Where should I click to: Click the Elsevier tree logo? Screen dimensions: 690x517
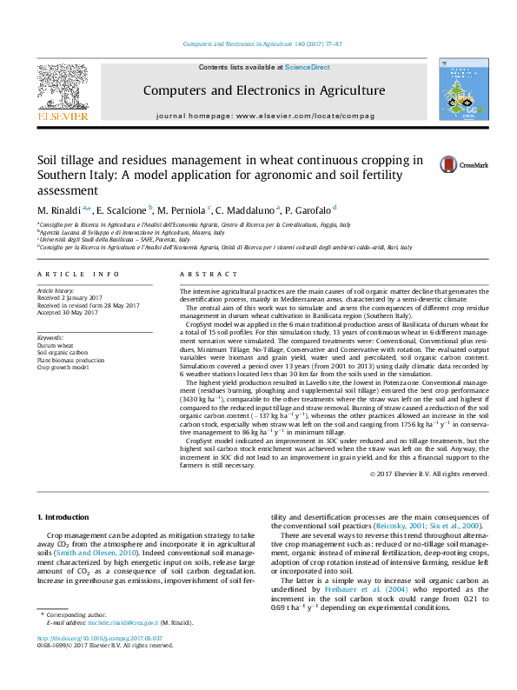click(62, 90)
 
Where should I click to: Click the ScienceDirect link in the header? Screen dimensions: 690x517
click(308, 68)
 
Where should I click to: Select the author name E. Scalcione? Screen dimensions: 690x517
click(123, 210)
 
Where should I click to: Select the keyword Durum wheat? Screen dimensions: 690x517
click(54, 344)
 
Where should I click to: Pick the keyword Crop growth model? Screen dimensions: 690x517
click(63, 368)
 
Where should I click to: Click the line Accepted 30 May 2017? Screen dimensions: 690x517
click(70, 312)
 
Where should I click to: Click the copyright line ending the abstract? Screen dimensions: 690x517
click(429, 474)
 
